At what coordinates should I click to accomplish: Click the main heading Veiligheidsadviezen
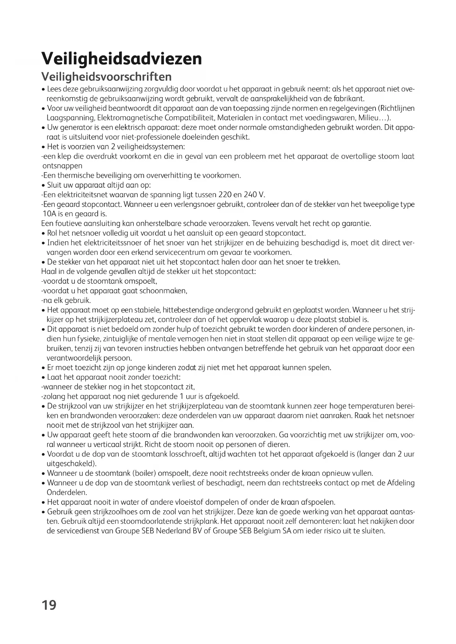click(x=122, y=58)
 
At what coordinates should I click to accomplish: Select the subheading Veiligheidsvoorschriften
click(x=106, y=77)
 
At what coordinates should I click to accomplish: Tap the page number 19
click(x=49, y=605)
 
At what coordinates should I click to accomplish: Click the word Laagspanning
click(x=69, y=118)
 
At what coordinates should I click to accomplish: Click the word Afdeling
click(x=401, y=482)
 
